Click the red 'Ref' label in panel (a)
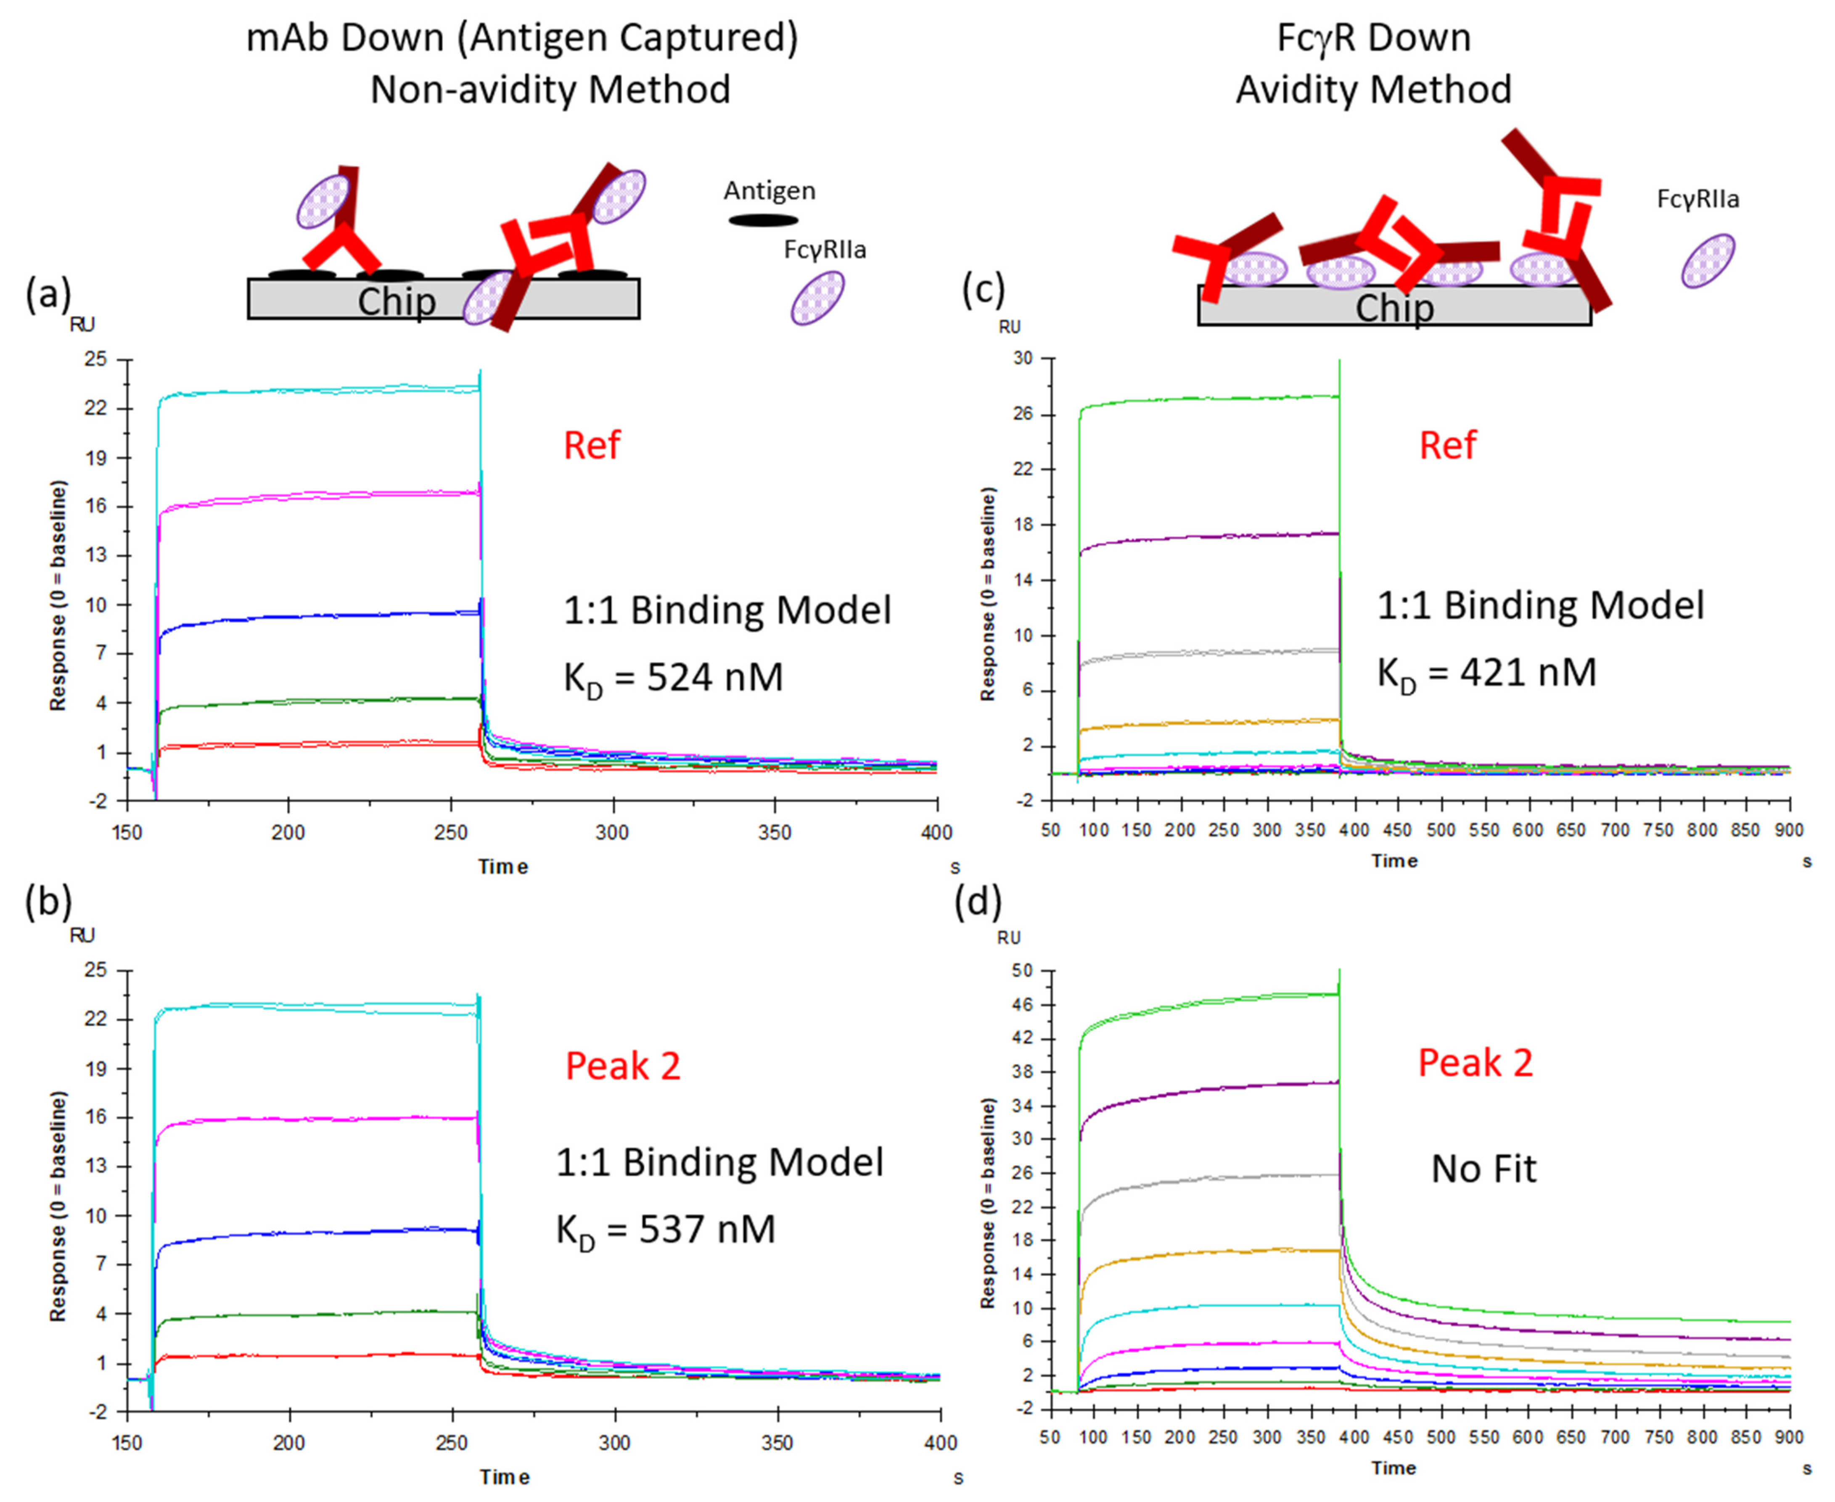click(592, 446)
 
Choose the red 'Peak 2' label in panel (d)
click(1475, 1062)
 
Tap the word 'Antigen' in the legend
click(769, 190)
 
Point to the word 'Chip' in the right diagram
click(1393, 308)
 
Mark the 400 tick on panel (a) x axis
click(936, 832)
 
